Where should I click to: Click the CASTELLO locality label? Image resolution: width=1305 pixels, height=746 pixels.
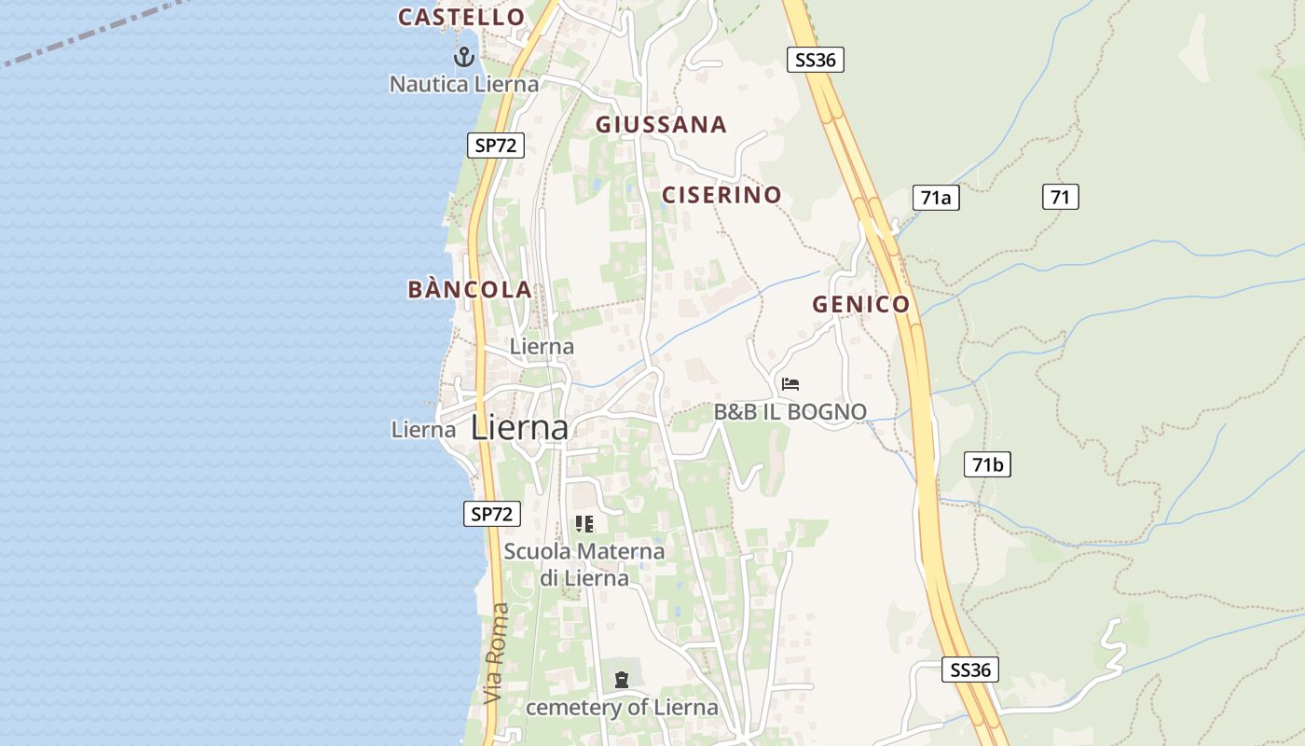(461, 17)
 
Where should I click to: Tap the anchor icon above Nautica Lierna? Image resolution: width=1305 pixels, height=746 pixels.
(463, 58)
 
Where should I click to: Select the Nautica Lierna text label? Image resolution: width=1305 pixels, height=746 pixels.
(463, 84)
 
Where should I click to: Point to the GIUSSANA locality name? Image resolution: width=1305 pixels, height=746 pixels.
(661, 124)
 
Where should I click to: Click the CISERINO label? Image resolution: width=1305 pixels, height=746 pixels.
(721, 195)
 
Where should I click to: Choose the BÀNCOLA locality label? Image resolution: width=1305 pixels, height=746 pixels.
(470, 289)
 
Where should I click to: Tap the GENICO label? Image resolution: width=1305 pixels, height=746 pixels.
(860, 304)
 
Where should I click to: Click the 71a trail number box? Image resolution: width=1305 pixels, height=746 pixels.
(935, 198)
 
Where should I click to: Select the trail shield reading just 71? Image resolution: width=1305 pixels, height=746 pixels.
(1060, 197)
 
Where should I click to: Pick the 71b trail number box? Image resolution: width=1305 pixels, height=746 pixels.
(987, 464)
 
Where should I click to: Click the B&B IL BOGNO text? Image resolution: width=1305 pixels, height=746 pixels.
(790, 411)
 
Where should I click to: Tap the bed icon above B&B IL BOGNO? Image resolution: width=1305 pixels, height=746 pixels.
(790, 384)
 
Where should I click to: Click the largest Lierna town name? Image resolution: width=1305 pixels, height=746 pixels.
(519, 427)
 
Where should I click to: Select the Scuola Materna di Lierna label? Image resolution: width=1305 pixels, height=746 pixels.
(584, 564)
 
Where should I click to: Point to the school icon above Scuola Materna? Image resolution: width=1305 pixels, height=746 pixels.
(584, 524)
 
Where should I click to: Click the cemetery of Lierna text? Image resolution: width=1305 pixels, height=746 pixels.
(622, 707)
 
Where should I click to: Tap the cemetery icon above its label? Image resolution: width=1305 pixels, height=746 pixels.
(622, 680)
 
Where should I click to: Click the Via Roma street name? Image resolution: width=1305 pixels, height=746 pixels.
(499, 653)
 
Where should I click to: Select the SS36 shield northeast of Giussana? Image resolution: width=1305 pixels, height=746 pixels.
(815, 60)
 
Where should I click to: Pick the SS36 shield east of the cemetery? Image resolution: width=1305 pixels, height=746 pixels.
(969, 670)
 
